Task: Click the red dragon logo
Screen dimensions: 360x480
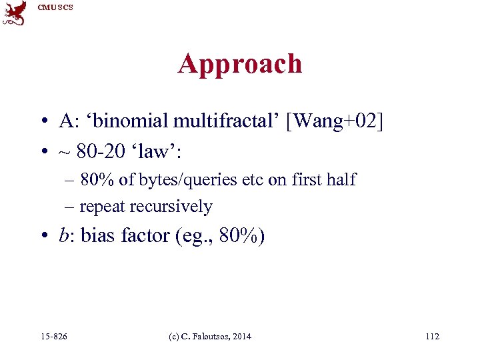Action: point(15,13)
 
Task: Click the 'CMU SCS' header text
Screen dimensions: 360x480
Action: point(55,7)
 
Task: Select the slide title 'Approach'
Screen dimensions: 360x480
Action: point(239,64)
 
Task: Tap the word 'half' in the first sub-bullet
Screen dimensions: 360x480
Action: point(342,179)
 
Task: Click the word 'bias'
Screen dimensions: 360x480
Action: point(99,235)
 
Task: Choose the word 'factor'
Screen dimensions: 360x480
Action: point(145,235)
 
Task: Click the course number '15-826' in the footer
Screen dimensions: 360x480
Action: point(53,337)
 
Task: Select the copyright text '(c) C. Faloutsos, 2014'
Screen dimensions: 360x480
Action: point(211,337)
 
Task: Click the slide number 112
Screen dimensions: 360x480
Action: point(432,337)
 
